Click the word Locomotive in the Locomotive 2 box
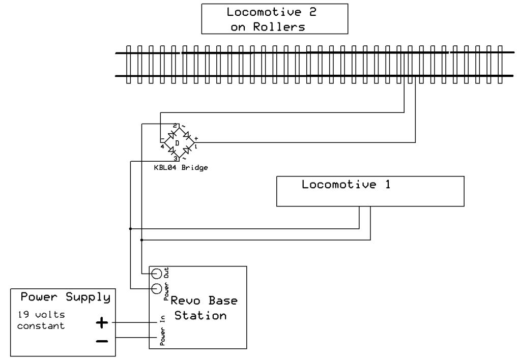click(x=256, y=12)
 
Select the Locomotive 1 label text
click(x=346, y=185)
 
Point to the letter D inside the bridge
click(x=177, y=143)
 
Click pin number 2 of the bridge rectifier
click(x=175, y=125)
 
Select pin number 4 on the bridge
click(x=162, y=146)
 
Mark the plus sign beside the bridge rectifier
click(x=196, y=138)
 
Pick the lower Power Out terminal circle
click(x=157, y=289)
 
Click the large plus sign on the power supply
click(x=102, y=322)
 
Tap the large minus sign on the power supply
click(x=102, y=341)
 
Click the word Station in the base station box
click(x=200, y=316)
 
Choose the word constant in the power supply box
click(x=41, y=326)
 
